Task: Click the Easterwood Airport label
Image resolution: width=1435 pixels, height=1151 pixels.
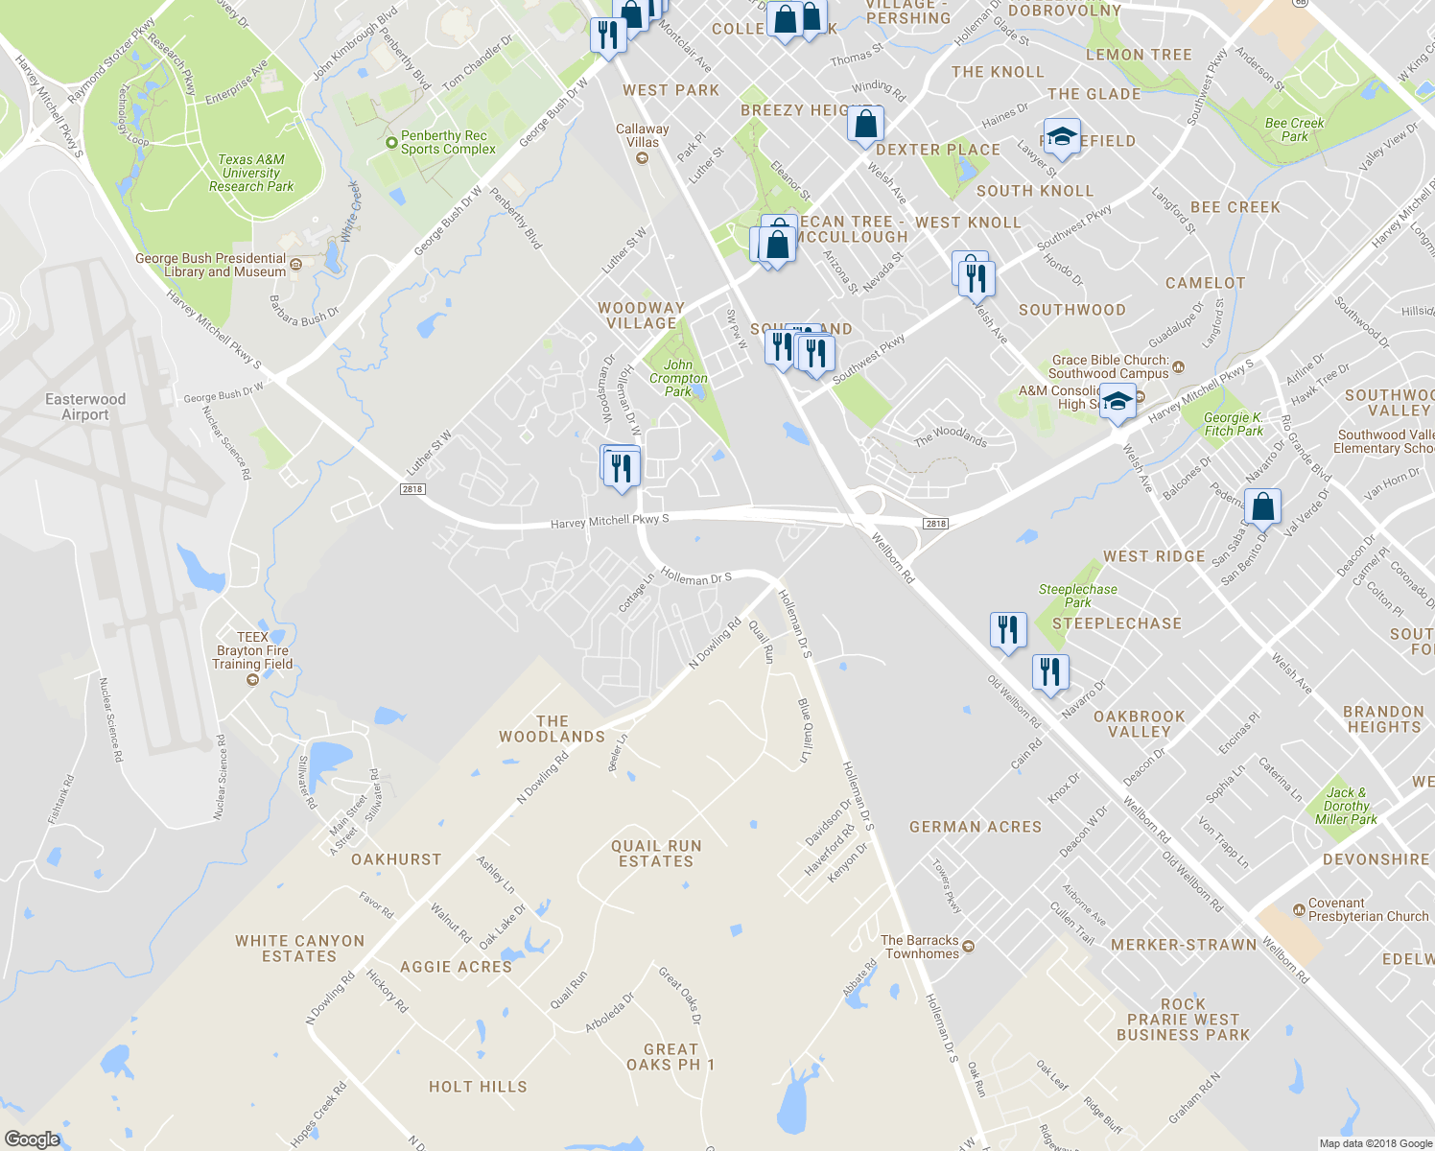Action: pyautogui.click(x=85, y=407)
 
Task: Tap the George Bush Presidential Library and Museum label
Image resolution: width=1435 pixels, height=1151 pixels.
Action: pyautogui.click(x=211, y=265)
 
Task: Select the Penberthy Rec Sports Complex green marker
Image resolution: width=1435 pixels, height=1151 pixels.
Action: pyautogui.click(x=391, y=143)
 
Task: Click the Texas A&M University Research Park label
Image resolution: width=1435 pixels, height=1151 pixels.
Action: pyautogui.click(x=251, y=174)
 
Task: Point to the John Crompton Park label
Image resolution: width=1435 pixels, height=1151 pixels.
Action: pyautogui.click(x=678, y=378)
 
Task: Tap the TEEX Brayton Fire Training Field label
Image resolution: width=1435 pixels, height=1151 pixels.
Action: pyautogui.click(x=252, y=650)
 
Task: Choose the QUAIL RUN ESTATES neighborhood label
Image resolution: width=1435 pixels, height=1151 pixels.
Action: pyautogui.click(x=656, y=854)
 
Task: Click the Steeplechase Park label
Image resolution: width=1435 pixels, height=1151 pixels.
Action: pyautogui.click(x=1077, y=596)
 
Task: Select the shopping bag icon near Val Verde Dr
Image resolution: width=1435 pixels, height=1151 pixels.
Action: pyautogui.click(x=1263, y=507)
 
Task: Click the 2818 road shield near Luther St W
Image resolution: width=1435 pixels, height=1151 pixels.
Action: pyautogui.click(x=412, y=489)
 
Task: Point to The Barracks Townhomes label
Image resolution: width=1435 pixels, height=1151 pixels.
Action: pyautogui.click(x=920, y=947)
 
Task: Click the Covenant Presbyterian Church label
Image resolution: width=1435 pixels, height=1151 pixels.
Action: pyautogui.click(x=1368, y=910)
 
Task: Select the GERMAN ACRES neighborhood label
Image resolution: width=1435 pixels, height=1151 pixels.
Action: pyautogui.click(x=975, y=827)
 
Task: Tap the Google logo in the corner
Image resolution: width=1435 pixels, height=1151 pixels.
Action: pyautogui.click(x=32, y=1139)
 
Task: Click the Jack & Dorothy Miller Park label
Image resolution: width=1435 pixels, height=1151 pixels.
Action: pyautogui.click(x=1346, y=806)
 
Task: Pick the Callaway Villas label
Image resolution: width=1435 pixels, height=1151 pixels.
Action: pyautogui.click(x=643, y=135)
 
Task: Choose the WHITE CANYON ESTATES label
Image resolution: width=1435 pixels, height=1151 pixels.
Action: pyautogui.click(x=299, y=949)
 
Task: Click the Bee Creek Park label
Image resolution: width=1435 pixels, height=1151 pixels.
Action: pyautogui.click(x=1294, y=129)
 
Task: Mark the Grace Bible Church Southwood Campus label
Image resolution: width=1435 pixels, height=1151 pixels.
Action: pyautogui.click(x=1110, y=366)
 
